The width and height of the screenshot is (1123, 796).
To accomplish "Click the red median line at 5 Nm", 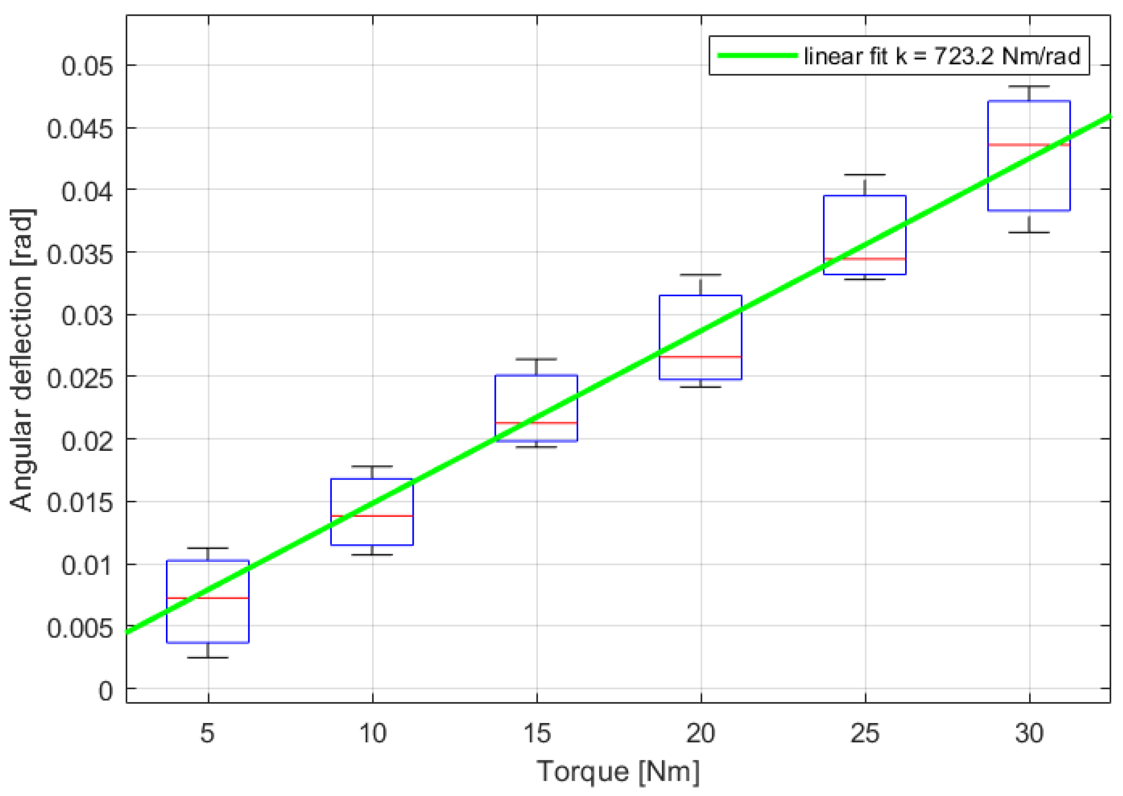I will (x=208, y=598).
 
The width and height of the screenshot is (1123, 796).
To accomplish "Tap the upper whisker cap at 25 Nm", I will (x=865, y=175).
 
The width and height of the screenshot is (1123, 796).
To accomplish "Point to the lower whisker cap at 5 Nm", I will (x=208, y=657).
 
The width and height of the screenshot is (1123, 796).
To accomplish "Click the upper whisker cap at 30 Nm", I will (x=1029, y=86).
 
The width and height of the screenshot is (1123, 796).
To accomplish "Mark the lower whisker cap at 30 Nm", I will (x=1029, y=233).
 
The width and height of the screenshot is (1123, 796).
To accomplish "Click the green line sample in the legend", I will (x=757, y=55).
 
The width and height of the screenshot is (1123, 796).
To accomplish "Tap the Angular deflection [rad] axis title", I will (x=22, y=360).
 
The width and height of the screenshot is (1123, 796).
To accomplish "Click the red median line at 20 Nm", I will (x=701, y=357).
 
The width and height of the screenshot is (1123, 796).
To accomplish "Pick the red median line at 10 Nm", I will (x=372, y=515).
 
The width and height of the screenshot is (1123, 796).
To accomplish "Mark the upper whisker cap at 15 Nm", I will (x=537, y=359).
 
